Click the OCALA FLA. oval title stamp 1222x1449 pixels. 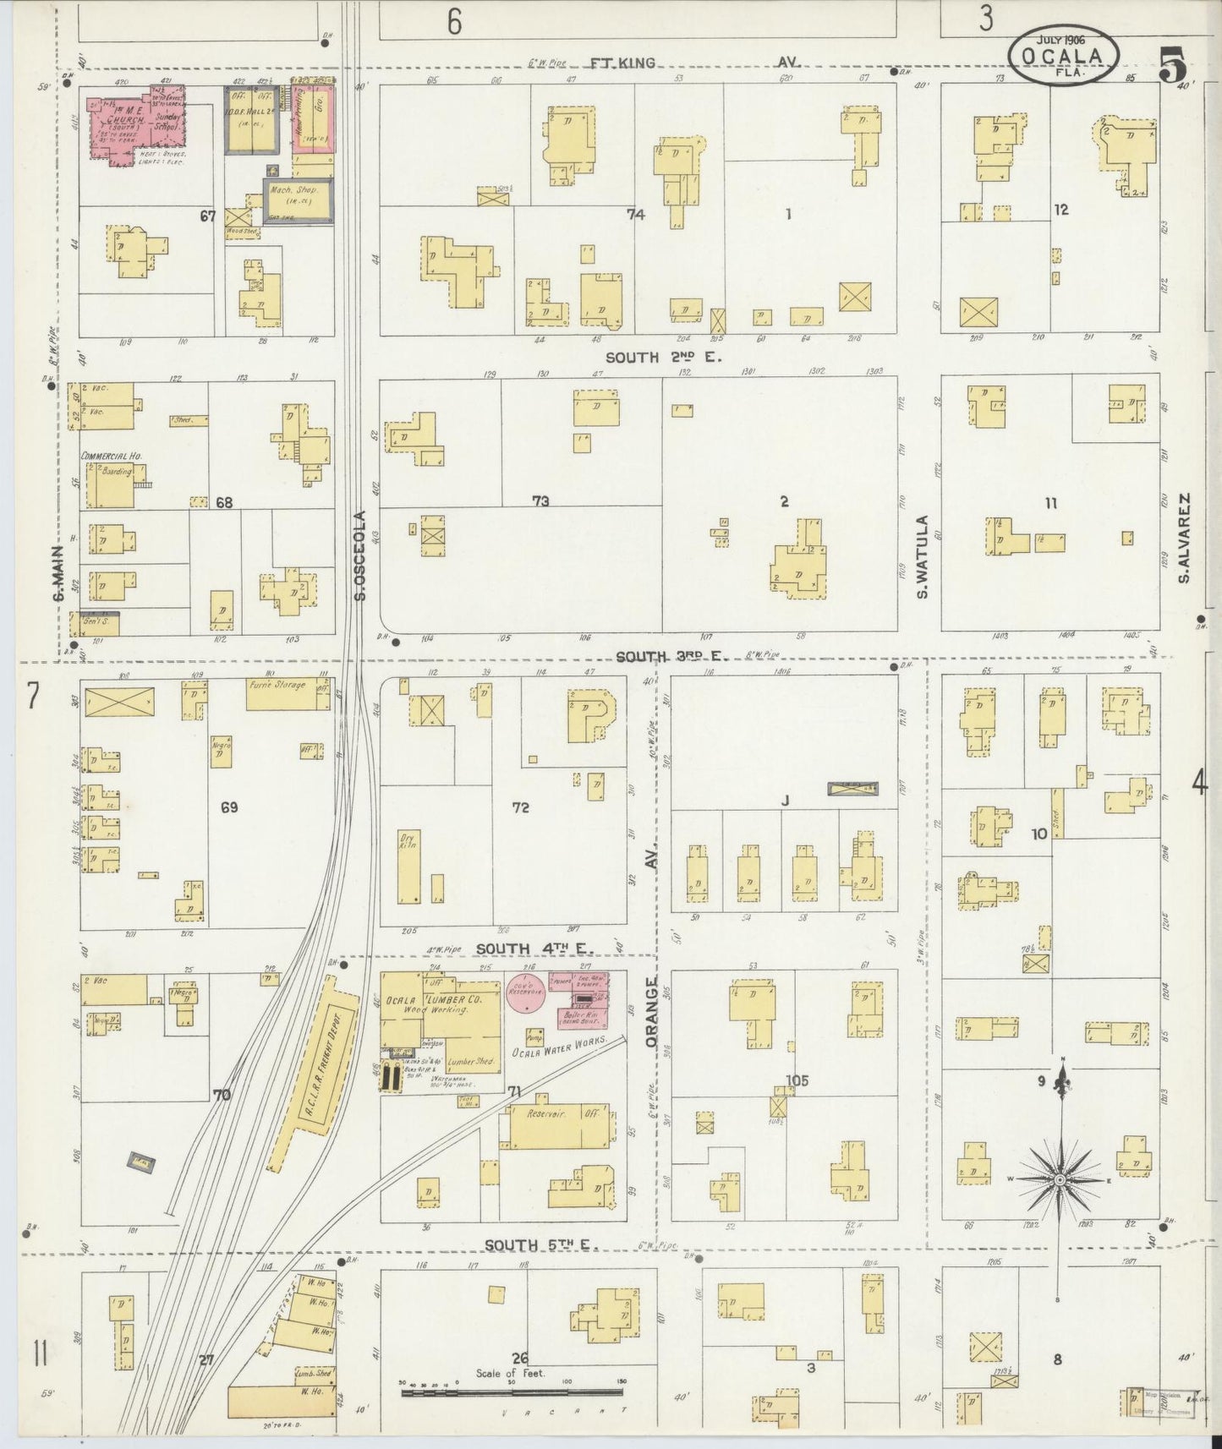1062,54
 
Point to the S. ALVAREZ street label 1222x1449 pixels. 1186,539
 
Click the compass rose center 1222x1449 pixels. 1060,1179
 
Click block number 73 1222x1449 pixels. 540,501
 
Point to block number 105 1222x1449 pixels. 797,1080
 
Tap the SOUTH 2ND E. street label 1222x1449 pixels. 675,358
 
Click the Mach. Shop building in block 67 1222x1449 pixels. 297,200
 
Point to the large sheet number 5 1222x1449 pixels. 1171,64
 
